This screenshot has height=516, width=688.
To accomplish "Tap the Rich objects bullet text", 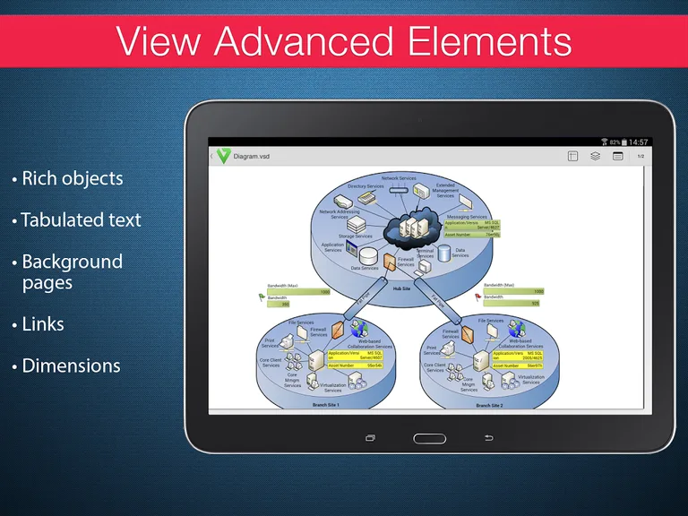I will tap(72, 178).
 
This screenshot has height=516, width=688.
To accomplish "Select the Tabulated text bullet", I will tap(81, 219).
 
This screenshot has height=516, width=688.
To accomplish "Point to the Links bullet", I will tap(42, 323).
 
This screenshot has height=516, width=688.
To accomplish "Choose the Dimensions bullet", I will tap(71, 365).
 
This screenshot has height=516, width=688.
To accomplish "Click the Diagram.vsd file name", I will tap(252, 156).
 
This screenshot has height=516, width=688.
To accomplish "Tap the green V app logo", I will tap(222, 156).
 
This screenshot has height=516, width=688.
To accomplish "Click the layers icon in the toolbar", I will tap(595, 156).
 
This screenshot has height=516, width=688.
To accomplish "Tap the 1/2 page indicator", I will tap(641, 156).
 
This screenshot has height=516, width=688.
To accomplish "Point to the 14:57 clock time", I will tap(639, 142).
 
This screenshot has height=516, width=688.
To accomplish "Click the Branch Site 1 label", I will tap(326, 405).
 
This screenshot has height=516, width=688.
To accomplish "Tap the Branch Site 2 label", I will tap(489, 405).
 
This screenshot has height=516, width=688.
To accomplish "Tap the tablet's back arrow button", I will tap(488, 438).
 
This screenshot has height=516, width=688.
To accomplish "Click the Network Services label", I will tap(400, 178).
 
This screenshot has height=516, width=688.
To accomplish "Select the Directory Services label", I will tap(365, 186).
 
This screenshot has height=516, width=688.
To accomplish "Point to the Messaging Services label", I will tap(467, 217).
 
